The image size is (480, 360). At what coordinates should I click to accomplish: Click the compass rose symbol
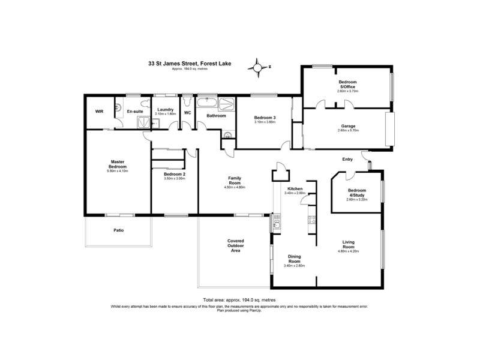(258, 68)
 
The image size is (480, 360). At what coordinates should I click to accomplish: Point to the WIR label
(100, 112)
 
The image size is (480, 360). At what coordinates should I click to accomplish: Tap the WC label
(187, 112)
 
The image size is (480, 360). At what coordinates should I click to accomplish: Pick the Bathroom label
(216, 115)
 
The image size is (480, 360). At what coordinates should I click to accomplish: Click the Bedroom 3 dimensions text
(264, 122)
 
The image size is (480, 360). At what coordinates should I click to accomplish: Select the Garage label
(347, 126)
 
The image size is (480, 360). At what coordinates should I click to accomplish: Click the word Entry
(348, 159)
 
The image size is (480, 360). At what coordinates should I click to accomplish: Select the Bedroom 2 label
(174, 174)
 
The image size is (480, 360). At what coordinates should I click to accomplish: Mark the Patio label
(118, 229)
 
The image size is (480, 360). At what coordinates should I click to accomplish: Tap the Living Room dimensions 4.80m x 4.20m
(348, 251)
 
